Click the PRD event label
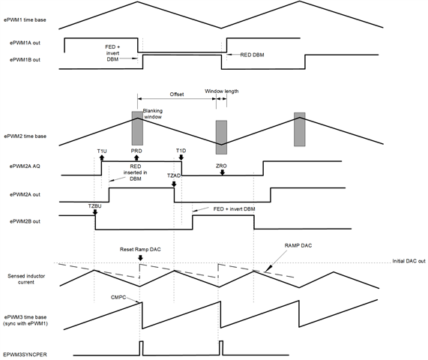tap(136, 151)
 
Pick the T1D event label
tap(181, 151)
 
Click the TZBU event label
tap(94, 204)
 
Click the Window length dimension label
tap(222, 91)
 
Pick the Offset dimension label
tap(176, 94)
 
